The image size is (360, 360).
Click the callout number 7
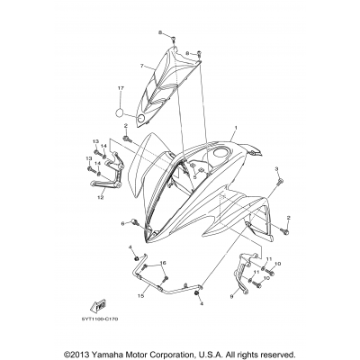click(x=141, y=66)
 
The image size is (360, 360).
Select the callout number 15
click(x=140, y=295)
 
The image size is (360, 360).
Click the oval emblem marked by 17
click(x=118, y=112)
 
